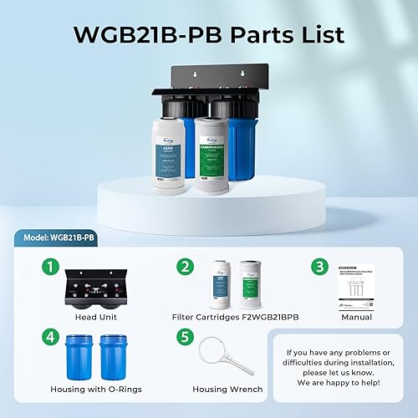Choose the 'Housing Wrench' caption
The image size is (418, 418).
tap(227, 389)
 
